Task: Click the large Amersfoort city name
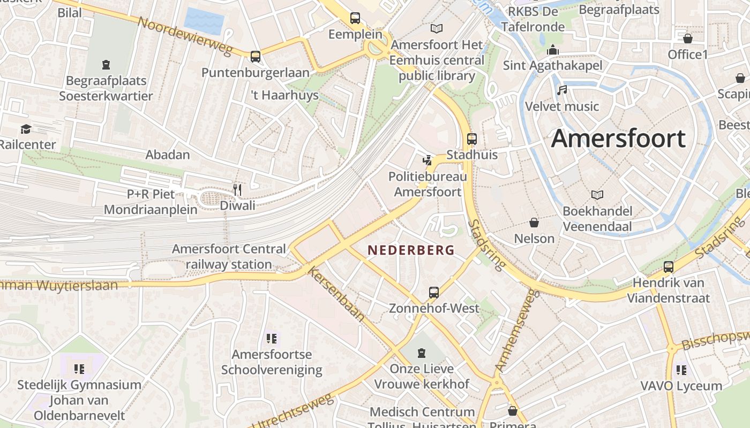[x=618, y=139]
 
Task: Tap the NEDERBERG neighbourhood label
[x=411, y=250]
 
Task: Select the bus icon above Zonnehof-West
[x=434, y=293]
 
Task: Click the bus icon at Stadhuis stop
[x=472, y=139]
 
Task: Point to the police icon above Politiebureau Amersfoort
[x=427, y=159]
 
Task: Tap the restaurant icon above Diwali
[x=238, y=189]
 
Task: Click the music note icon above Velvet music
[x=561, y=90]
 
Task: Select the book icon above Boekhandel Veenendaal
[x=597, y=195]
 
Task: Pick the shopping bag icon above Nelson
[x=534, y=223]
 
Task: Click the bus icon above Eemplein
[x=355, y=18]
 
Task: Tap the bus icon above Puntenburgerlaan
[x=256, y=56]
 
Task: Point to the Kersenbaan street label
[x=336, y=294]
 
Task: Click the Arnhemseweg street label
[x=515, y=331]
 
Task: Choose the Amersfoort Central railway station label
[x=229, y=257]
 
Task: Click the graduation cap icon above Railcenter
[x=26, y=129]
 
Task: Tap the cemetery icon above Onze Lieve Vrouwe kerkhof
[x=422, y=353]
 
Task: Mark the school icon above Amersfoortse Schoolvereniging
[x=272, y=338]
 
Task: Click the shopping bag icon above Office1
[x=687, y=39]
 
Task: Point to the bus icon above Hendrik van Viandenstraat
[x=669, y=266]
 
